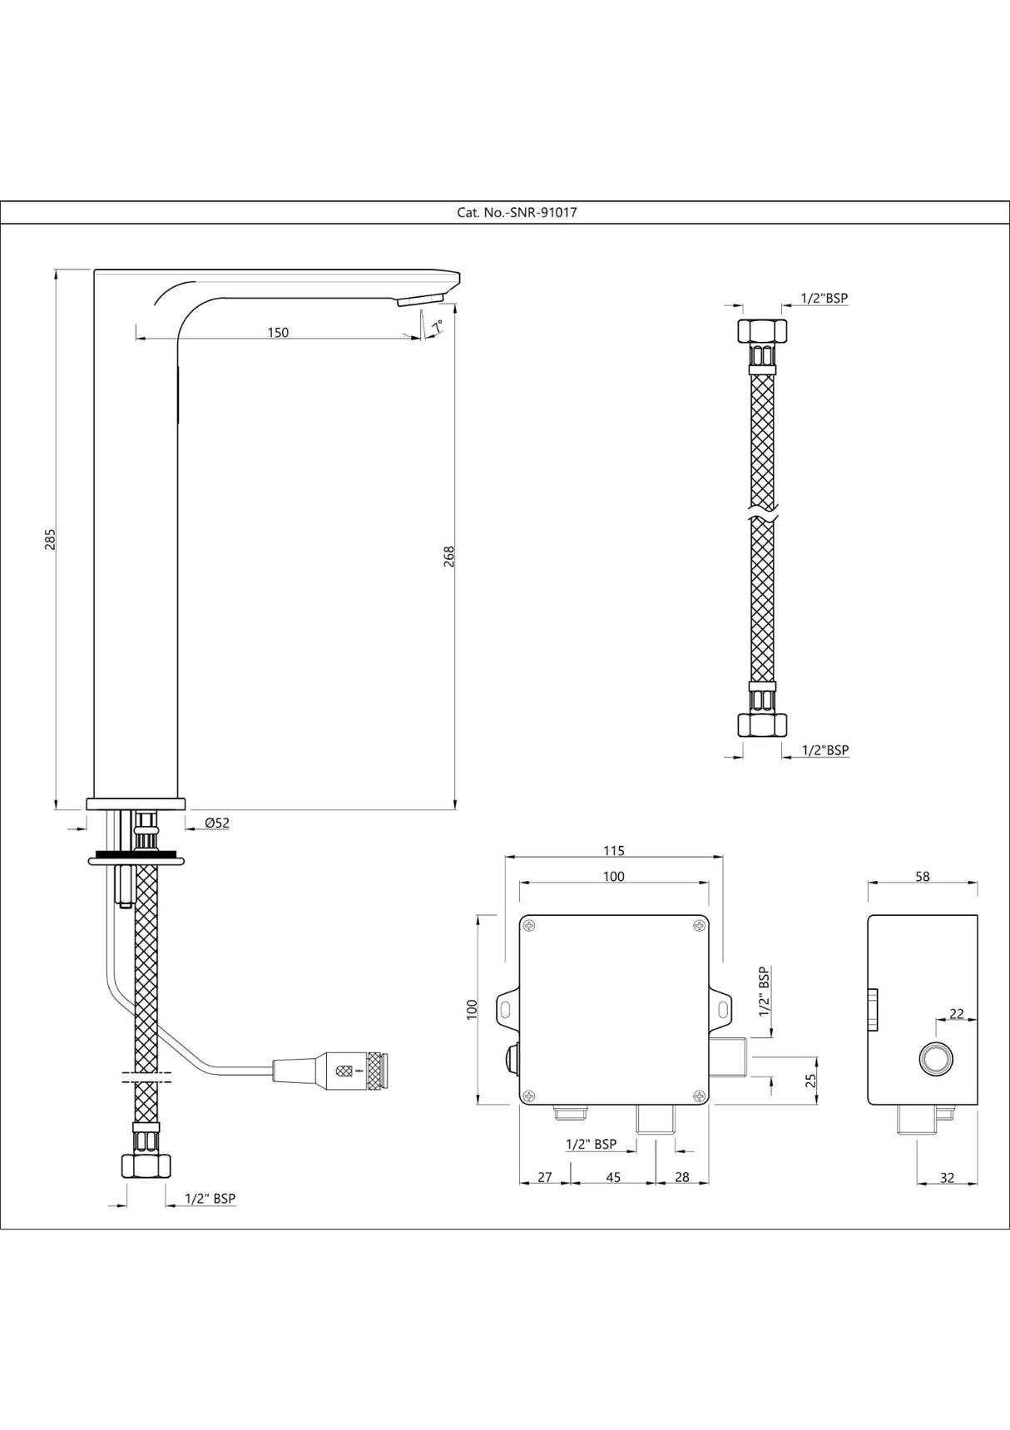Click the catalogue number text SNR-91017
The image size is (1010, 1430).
click(x=517, y=212)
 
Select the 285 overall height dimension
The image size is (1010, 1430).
click(x=50, y=538)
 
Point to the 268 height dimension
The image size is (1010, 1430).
click(x=449, y=556)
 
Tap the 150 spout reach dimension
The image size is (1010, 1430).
click(x=278, y=333)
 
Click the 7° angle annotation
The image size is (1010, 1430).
click(x=436, y=326)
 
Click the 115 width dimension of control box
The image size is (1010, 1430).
click(x=613, y=850)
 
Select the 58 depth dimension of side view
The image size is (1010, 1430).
click(x=922, y=876)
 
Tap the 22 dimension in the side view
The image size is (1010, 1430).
click(x=957, y=1013)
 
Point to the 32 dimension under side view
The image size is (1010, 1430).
click(x=947, y=1177)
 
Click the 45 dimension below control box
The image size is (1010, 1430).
click(x=613, y=1177)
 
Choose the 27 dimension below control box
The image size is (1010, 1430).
click(x=545, y=1177)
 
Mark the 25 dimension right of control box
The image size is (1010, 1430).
click(x=811, y=1081)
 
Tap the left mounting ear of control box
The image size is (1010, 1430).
click(x=506, y=1007)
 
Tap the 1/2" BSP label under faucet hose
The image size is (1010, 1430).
click(x=210, y=1199)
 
